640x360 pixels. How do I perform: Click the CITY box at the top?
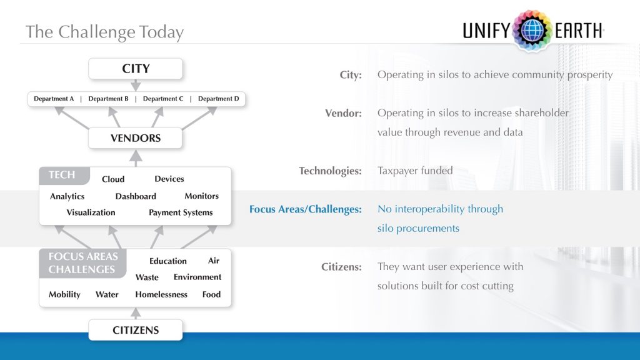[x=136, y=69]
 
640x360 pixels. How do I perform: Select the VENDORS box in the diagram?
[x=136, y=138]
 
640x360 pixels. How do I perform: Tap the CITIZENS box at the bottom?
[x=136, y=330]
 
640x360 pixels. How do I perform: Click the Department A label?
[x=54, y=99]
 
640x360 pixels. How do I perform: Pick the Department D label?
[x=219, y=99]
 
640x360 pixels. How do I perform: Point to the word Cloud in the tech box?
[x=113, y=179]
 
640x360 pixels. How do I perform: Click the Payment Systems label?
[x=181, y=212]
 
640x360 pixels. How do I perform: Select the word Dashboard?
[x=136, y=196]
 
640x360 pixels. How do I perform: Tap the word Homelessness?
[x=161, y=294]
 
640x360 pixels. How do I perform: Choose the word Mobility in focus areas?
[x=64, y=294]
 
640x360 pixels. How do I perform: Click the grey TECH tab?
[x=62, y=175]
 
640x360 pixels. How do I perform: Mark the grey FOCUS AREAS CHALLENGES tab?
[x=82, y=263]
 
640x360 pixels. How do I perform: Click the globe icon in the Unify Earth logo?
[x=532, y=30]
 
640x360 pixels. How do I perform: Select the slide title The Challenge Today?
[x=104, y=32]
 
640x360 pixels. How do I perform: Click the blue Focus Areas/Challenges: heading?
[x=305, y=209]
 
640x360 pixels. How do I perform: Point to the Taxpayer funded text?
[x=414, y=171]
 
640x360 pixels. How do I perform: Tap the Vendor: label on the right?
[x=343, y=113]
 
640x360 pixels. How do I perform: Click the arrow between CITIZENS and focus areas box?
[x=136, y=312]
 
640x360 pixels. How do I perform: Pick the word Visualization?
[x=91, y=212]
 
